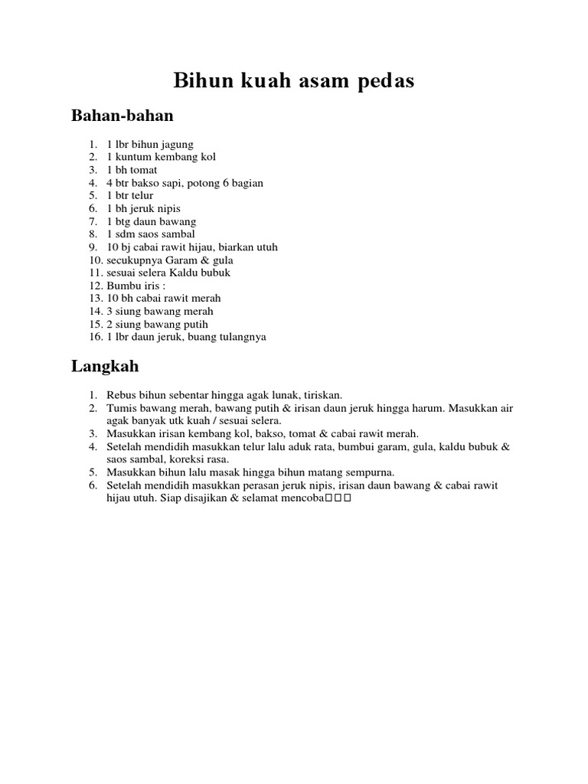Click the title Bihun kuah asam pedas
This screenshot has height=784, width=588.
pyautogui.click(x=294, y=81)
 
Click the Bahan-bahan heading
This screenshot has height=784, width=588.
pyautogui.click(x=122, y=116)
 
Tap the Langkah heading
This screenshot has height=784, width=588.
pyautogui.click(x=105, y=366)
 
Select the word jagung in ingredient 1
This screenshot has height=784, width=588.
pyautogui.click(x=177, y=144)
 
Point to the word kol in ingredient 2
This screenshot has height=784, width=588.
pyautogui.click(x=207, y=157)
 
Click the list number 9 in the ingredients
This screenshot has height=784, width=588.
pyautogui.click(x=92, y=247)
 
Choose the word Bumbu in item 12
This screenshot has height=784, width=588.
pyautogui.click(x=122, y=286)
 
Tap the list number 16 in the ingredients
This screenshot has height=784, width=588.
pyautogui.click(x=94, y=337)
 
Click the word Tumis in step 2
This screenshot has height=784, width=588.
pyautogui.click(x=120, y=408)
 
